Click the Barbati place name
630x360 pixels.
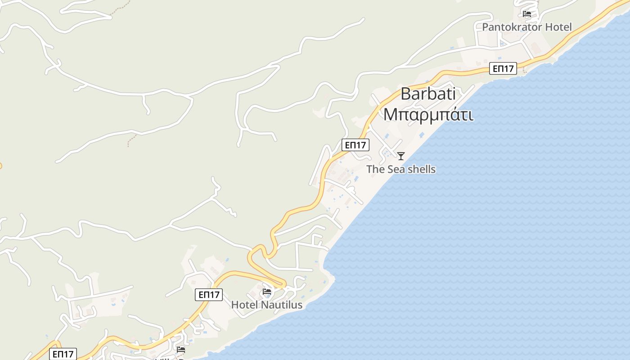pyautogui.click(x=428, y=94)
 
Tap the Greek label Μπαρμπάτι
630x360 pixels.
pyautogui.click(x=428, y=114)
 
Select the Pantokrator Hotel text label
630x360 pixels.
pyautogui.click(x=527, y=27)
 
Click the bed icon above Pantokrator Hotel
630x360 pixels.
pyautogui.click(x=527, y=14)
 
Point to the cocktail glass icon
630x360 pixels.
pyautogui.click(x=400, y=156)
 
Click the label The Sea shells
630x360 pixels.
pyautogui.click(x=400, y=169)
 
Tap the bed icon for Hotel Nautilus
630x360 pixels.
pyautogui.click(x=267, y=292)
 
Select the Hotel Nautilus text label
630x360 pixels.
pyautogui.click(x=266, y=305)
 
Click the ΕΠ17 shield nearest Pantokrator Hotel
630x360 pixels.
pyautogui.click(x=503, y=69)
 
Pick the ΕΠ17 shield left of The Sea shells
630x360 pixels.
pyautogui.click(x=355, y=145)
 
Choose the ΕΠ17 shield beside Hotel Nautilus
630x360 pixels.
pyautogui.click(x=209, y=295)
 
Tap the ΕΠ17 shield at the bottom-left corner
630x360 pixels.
pyautogui.click(x=63, y=354)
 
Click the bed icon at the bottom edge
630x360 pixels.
pyautogui.click(x=181, y=349)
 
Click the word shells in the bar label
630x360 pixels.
pyautogui.click(x=421, y=169)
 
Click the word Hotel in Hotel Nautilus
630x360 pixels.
pyautogui.click(x=245, y=305)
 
